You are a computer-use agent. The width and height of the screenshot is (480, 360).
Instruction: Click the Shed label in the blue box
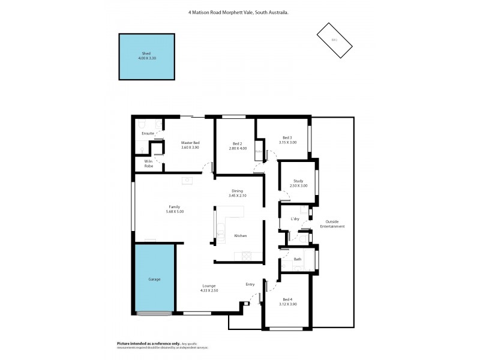point(146,53)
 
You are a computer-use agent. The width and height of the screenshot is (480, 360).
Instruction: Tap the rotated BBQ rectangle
point(334,40)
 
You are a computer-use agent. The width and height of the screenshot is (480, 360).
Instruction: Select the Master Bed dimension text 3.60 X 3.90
point(190,148)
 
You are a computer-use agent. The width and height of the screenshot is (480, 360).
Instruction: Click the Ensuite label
point(148,133)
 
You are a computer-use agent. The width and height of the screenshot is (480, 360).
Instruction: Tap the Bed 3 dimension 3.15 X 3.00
point(287,143)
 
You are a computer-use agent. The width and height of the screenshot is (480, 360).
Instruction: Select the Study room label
point(298,181)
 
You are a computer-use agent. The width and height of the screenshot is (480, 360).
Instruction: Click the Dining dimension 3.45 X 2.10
point(238,196)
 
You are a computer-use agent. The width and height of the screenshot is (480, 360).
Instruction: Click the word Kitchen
point(240,235)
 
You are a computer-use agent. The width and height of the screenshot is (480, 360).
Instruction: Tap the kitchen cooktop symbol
point(247,256)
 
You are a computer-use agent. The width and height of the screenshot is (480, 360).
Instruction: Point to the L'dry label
point(295,219)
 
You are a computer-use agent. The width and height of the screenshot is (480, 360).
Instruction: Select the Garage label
point(154,279)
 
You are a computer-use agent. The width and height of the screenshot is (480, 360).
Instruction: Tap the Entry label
point(250,284)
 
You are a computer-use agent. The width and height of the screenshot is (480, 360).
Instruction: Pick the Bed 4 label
point(287,299)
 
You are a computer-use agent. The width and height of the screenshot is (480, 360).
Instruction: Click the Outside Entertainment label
point(332,224)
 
